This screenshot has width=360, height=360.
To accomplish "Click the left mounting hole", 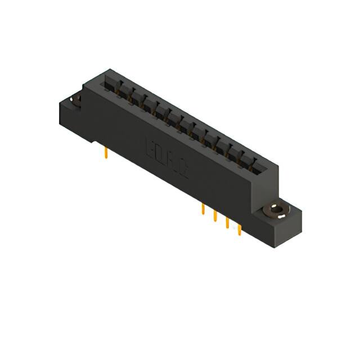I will (x=75, y=101).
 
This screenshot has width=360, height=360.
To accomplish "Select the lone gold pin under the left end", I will (x=106, y=153).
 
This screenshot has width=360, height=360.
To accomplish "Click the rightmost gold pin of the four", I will (x=240, y=229).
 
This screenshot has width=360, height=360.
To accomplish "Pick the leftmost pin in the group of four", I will (x=202, y=210).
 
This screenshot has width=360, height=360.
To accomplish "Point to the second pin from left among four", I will (x=215, y=217).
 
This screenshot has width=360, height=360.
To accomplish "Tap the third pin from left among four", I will (x=228, y=223).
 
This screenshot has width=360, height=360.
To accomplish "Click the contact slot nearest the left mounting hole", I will (x=110, y=85).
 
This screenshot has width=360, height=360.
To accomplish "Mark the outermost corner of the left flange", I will (x=60, y=104).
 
